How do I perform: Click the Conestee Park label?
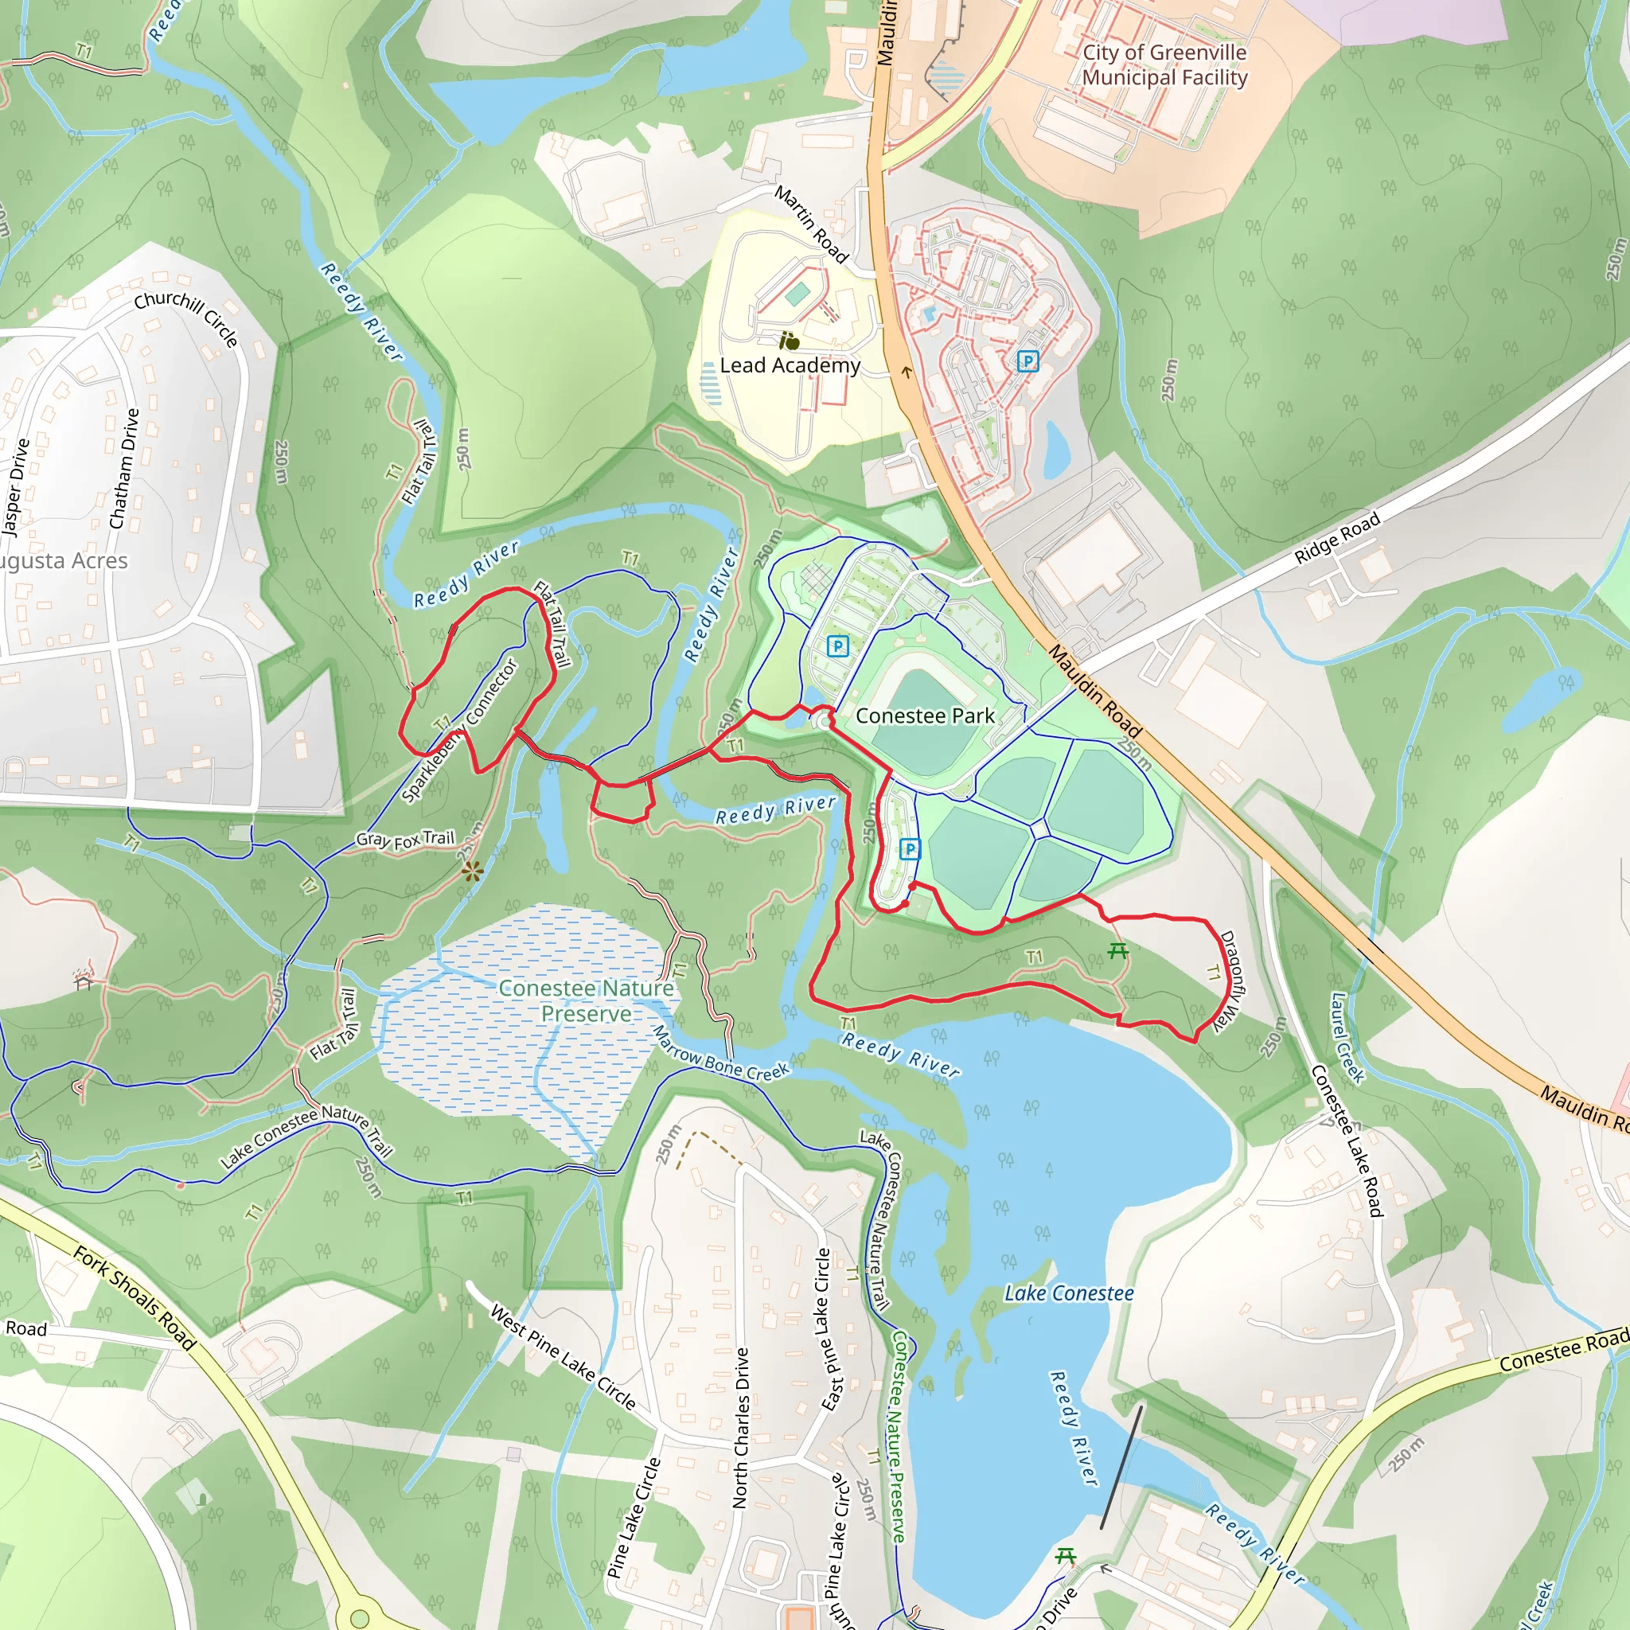tap(925, 716)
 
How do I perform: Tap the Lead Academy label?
tap(790, 365)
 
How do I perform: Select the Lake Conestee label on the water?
tap(1068, 1293)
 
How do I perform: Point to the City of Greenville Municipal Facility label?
tap(1164, 65)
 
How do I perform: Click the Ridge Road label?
tap(1337, 537)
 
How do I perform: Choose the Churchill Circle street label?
tap(186, 318)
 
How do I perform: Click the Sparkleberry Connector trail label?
tap(461, 731)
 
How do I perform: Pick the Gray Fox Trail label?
tap(405, 839)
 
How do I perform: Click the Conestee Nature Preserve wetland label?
tap(586, 1000)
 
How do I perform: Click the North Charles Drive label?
tap(741, 1428)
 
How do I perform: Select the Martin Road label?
tap(811, 224)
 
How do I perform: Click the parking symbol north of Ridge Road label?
tap(1027, 362)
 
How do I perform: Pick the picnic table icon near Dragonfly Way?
tap(1118, 951)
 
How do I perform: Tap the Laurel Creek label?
tap(1347, 1038)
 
